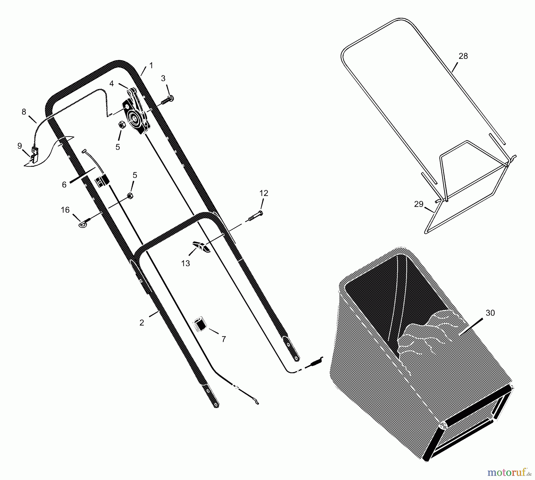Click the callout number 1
click(151, 65)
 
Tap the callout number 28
click(463, 56)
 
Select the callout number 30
click(490, 313)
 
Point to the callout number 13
click(185, 263)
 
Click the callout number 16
click(65, 210)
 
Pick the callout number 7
click(224, 339)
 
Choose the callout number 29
click(418, 204)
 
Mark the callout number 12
click(264, 193)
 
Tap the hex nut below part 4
click(122, 125)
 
